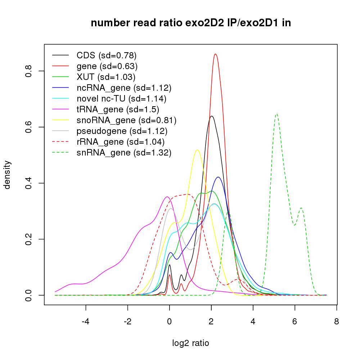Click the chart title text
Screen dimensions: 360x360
click(x=191, y=23)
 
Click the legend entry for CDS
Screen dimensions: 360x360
click(x=106, y=55)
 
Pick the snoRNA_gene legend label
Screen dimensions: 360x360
click(x=126, y=120)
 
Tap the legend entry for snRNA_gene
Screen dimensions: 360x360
click(x=124, y=153)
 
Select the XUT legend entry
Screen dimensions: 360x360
click(x=106, y=77)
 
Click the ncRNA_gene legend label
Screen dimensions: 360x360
click(x=124, y=87)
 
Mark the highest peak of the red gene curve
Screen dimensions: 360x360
click(x=215, y=54)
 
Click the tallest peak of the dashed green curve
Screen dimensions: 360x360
click(x=276, y=114)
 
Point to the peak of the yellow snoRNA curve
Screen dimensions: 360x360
click(x=197, y=150)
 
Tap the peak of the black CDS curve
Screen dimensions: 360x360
click(x=212, y=116)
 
